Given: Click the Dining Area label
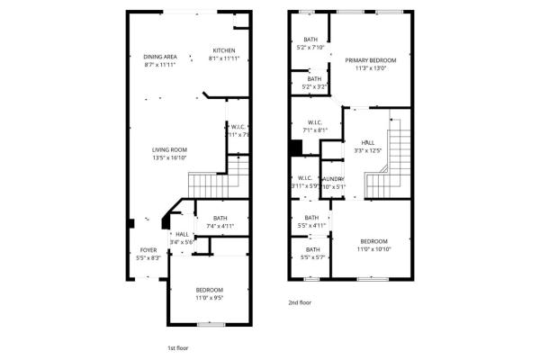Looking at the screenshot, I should pyautogui.click(x=159, y=56).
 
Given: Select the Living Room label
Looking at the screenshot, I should pyautogui.click(x=168, y=149).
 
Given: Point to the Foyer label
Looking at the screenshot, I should pyautogui.click(x=148, y=250).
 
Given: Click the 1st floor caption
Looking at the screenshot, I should pyautogui.click(x=178, y=346).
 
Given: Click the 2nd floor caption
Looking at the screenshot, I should pyautogui.click(x=300, y=303).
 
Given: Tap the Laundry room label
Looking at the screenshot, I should pyautogui.click(x=332, y=179).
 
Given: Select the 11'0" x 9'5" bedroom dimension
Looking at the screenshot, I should pyautogui.click(x=209, y=297).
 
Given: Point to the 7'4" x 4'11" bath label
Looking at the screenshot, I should pyautogui.click(x=220, y=226).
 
